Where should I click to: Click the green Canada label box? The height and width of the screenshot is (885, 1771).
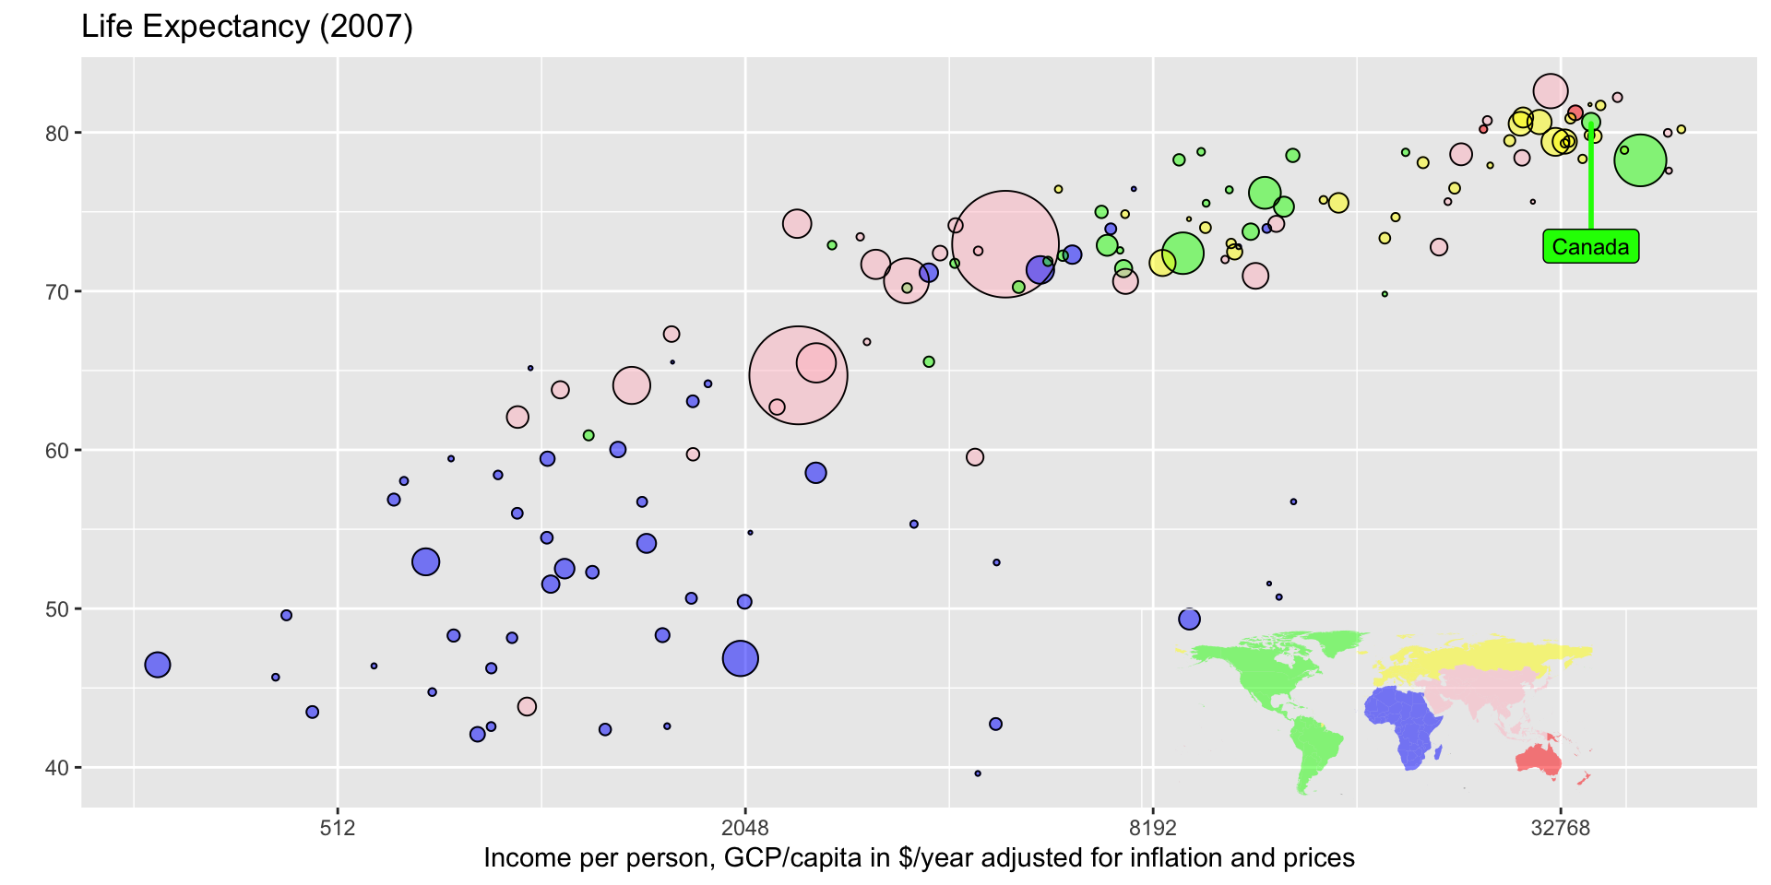coord(1590,247)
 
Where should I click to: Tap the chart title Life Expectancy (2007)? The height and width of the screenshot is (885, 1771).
coord(247,27)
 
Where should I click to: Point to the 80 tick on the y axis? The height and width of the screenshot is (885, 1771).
coord(57,133)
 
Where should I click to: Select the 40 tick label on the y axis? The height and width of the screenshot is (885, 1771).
coord(57,767)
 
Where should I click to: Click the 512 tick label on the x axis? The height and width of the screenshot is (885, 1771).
coord(338,827)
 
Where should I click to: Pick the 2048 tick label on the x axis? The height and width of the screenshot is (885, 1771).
coord(745,827)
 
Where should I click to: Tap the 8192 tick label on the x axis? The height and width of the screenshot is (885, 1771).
coord(1153,827)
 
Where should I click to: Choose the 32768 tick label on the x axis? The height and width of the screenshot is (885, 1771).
coord(1561,827)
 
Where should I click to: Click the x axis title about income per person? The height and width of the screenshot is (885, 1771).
coord(919,858)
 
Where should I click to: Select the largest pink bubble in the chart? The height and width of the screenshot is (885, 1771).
coord(1005,244)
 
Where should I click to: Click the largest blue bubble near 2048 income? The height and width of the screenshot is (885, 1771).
coord(741,658)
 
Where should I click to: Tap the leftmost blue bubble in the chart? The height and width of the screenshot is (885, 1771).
coord(158,665)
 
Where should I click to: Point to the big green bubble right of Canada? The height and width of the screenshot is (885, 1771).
coord(1640,160)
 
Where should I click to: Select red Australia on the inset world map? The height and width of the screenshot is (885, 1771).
coord(1539,760)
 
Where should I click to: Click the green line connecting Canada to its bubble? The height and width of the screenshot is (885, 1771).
coord(1591,184)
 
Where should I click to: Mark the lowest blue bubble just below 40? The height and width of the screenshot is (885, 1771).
coord(978,773)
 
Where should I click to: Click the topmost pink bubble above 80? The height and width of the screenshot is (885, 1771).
coord(1551,90)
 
